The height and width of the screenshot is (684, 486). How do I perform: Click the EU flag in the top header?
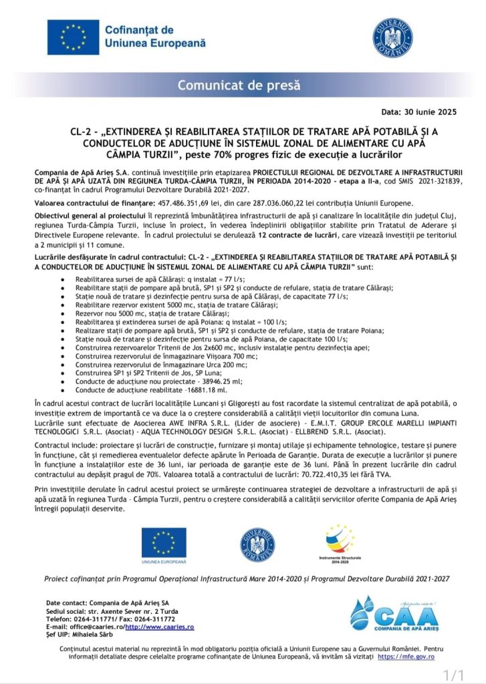(x=73, y=37)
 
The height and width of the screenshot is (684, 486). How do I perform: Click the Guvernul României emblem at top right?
(x=392, y=37)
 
